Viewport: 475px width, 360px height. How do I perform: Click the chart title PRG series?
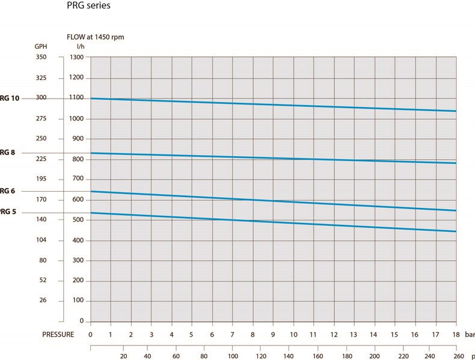[x=88, y=7]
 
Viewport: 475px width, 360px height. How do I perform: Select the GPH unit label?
[x=40, y=46]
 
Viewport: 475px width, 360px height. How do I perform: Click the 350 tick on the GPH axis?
[x=41, y=58]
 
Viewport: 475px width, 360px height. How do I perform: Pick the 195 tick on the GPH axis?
[x=41, y=180]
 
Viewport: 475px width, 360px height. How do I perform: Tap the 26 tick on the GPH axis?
[x=43, y=301]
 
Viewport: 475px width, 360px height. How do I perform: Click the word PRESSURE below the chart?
[x=58, y=335]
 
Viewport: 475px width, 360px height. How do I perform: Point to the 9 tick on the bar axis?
[x=273, y=335]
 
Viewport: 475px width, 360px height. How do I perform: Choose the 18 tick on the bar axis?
[x=455, y=335]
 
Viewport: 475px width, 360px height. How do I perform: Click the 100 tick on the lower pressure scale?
[x=233, y=355]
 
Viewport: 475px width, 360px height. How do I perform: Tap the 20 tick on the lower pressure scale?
[x=123, y=355]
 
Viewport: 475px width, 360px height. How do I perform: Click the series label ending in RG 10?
[x=10, y=98]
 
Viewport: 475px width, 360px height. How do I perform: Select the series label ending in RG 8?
[x=8, y=153]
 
